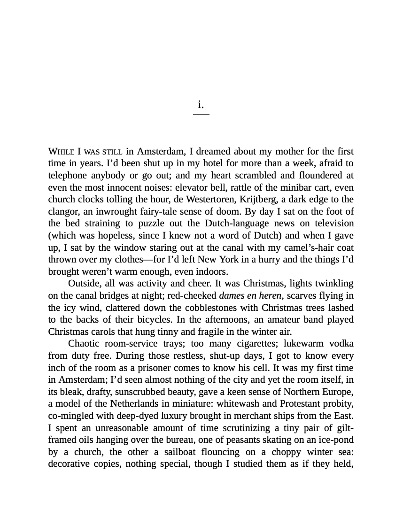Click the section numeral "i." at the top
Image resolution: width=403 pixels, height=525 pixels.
click(201, 104)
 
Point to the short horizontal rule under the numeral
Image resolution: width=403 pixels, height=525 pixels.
click(201, 114)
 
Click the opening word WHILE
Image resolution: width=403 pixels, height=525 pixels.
click(61, 152)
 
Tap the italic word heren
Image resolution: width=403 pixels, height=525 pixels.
click(270, 296)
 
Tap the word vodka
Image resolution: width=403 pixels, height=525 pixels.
click(341, 344)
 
